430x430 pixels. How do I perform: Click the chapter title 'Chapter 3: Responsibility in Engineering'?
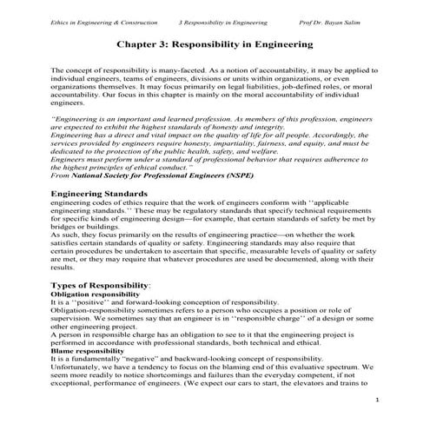[x=215, y=43]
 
